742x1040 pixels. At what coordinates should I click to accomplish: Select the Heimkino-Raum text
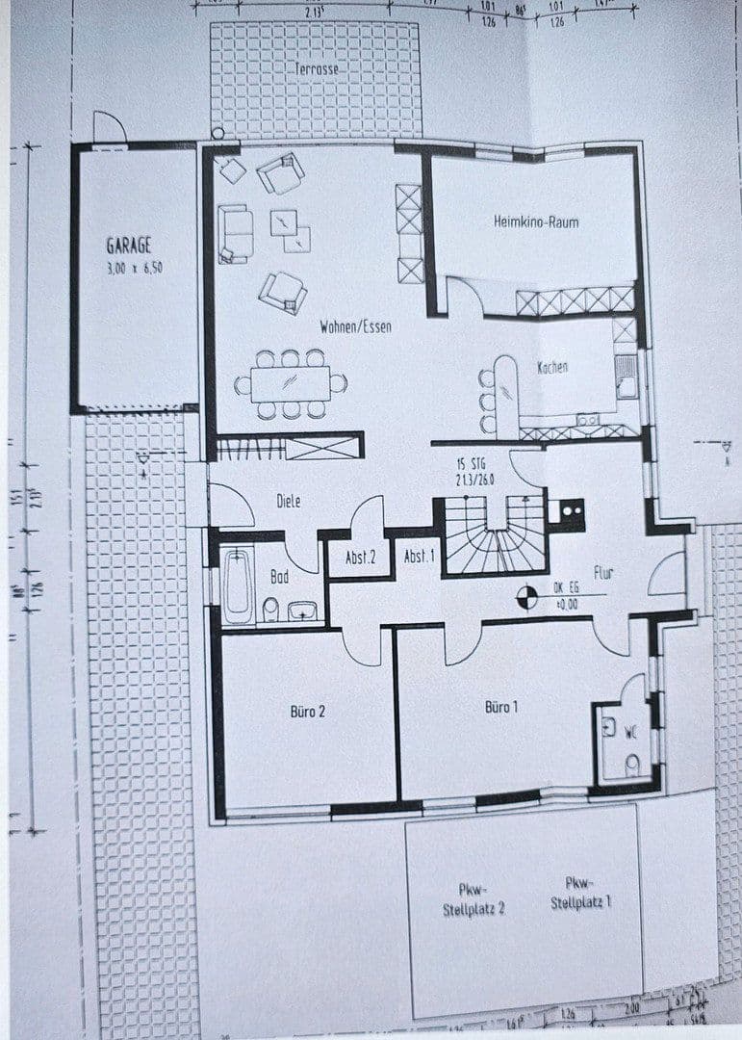click(536, 221)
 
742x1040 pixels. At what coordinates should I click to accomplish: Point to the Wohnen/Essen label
click(355, 327)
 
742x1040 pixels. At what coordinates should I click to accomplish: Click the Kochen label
click(552, 367)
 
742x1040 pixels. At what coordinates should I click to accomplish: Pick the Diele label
click(288, 501)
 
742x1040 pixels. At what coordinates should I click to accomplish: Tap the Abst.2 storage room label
click(360, 557)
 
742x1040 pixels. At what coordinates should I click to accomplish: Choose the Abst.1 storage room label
click(418, 557)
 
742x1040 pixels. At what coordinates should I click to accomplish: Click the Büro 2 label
click(308, 712)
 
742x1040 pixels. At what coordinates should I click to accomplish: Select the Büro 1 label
click(501, 707)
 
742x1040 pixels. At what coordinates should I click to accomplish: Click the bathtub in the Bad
click(237, 585)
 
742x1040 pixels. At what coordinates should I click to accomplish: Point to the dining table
click(290, 383)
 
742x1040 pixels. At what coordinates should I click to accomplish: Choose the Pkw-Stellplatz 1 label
click(580, 895)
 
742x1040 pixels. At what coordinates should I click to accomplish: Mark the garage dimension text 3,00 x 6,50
click(135, 269)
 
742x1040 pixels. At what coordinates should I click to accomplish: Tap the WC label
click(631, 732)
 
